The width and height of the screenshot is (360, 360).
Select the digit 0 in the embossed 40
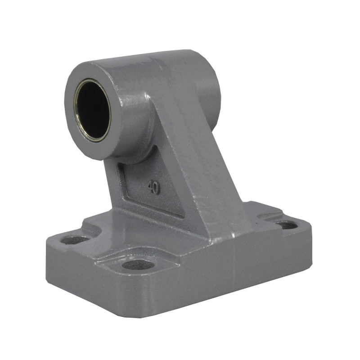point(156,189)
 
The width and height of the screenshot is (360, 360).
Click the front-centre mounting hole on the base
point(138,265)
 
